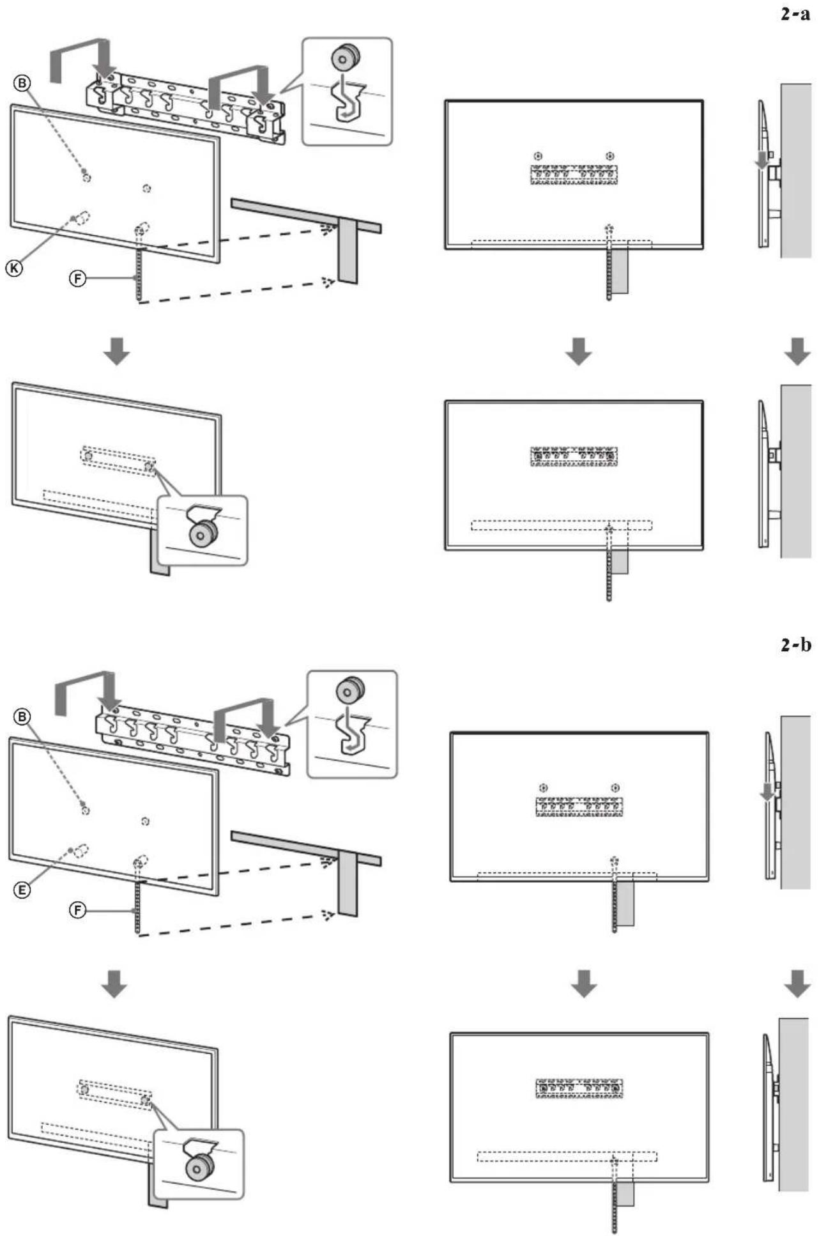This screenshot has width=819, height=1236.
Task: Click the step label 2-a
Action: pos(795,14)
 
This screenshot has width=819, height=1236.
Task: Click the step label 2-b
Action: pos(795,644)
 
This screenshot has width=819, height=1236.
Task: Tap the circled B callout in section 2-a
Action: pos(22,84)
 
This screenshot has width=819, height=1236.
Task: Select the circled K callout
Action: pos(13,268)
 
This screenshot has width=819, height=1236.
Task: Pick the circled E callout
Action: pos(22,890)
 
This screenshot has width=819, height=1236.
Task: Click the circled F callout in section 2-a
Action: pos(77,279)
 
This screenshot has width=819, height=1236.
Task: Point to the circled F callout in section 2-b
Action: pos(77,909)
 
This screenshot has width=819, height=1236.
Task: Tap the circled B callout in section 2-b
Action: pos(22,717)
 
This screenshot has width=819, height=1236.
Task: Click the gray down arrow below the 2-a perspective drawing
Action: pos(117,351)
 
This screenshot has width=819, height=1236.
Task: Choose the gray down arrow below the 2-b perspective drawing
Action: pos(115,984)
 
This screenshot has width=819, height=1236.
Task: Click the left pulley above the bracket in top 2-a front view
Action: pos(539,156)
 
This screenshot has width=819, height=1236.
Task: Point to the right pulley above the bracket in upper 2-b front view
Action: pos(615,787)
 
